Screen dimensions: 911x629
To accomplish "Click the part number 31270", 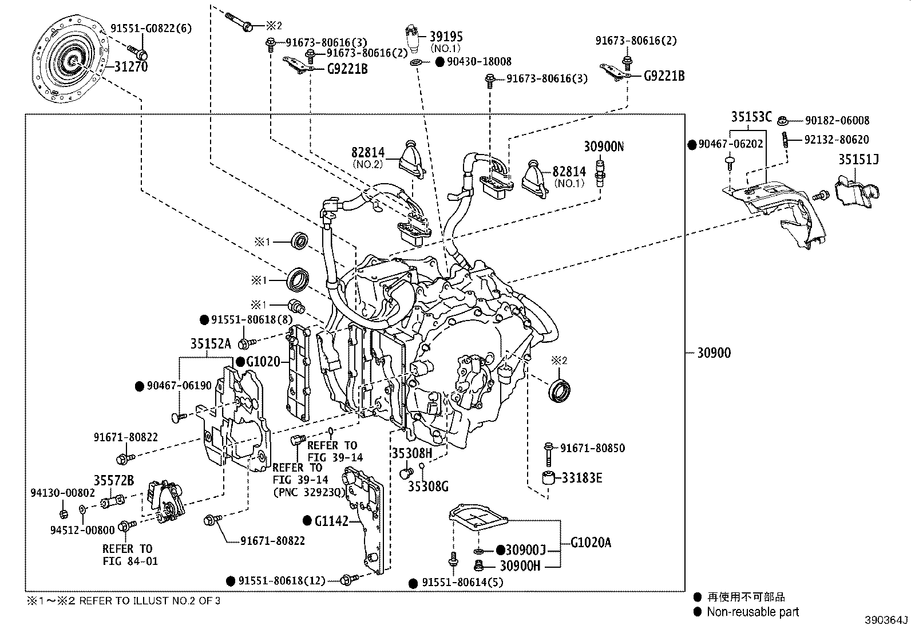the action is coord(131,66).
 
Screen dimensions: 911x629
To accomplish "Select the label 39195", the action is coord(446,37).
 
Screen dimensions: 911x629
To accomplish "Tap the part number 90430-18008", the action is coord(479,61).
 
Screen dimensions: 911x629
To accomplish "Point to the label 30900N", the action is coord(604,146).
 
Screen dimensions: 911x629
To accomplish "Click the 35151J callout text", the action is coord(858,159).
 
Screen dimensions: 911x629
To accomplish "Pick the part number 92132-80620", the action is coord(837,140).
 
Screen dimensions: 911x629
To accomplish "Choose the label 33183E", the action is coord(581,478).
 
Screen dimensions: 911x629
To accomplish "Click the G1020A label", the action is coord(591,543).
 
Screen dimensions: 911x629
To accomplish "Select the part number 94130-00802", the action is coord(62,493).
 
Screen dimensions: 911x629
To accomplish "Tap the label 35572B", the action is coord(114,480).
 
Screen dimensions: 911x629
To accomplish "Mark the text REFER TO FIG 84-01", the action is coord(130,555).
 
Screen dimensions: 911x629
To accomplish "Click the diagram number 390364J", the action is coord(886,620).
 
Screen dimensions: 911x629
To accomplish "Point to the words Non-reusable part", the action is coord(753,611).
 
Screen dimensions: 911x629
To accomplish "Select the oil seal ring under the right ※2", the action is coord(559,390).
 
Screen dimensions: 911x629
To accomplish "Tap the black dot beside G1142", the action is coord(307,520).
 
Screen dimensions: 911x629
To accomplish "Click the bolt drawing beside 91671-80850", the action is coord(548,454).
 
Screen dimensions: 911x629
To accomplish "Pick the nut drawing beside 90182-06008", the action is coord(782,121).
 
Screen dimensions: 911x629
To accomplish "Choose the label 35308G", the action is coord(428,486).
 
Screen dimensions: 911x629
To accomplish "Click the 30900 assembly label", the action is coord(714,353).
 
